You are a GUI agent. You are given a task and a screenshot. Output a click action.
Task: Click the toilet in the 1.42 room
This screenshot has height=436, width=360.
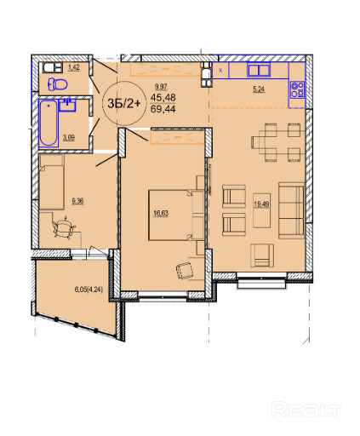point(58,84)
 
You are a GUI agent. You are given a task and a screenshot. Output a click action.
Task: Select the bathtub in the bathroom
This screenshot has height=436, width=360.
point(49,123)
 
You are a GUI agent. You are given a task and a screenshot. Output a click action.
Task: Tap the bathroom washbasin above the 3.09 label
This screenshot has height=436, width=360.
point(67,105)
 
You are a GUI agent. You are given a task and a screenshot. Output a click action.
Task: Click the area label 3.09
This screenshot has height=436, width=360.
point(69,138)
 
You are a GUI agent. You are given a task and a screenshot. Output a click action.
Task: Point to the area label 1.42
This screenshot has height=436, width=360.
point(74,67)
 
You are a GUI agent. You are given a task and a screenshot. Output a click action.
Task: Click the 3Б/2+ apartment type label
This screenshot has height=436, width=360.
point(124,104)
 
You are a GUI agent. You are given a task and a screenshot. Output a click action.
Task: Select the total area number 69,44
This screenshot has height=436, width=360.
point(163,109)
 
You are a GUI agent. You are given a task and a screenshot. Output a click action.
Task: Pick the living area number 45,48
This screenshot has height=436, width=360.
point(163,98)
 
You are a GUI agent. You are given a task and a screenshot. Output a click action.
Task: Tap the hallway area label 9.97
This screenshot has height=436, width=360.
point(161,87)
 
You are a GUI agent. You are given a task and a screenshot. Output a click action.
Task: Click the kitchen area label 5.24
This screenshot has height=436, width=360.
point(259,89)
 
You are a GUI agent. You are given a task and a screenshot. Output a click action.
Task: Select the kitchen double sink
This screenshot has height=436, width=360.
point(259,70)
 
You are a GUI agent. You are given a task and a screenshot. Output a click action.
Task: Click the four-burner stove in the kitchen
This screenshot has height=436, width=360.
point(297,89)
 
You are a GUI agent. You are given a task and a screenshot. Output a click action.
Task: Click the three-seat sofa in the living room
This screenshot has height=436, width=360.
point(291,210)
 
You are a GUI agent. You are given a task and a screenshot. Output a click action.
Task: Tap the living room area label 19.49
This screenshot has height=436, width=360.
point(261,204)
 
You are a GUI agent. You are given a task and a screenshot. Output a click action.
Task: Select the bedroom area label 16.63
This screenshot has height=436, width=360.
point(161,213)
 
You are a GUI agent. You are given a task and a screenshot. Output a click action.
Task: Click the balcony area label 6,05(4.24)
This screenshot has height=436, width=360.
point(89,290)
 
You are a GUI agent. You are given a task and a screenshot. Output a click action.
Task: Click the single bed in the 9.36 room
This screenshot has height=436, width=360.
point(51,181)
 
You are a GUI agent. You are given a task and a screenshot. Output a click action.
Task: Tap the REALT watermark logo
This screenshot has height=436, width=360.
point(306,409)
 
